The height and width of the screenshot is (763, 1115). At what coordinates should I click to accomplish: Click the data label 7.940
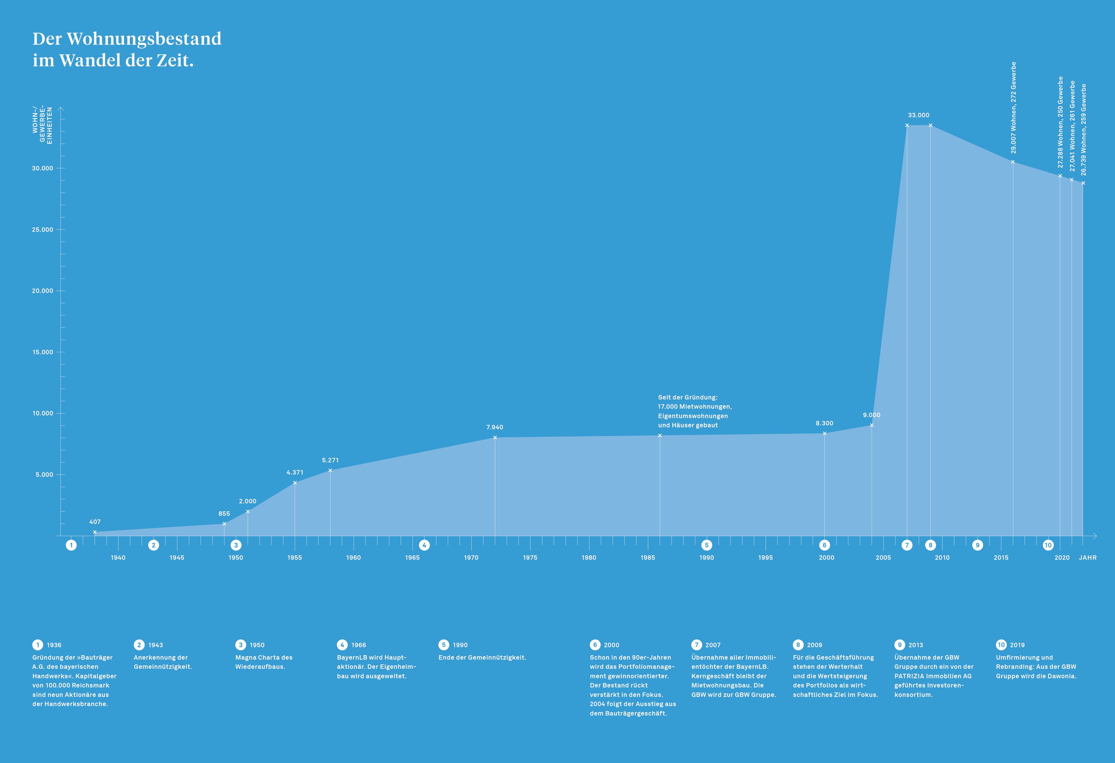click(494, 427)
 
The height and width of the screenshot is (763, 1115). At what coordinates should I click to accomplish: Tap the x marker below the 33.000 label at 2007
click(907, 125)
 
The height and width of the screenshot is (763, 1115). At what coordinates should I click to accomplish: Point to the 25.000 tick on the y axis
click(42, 229)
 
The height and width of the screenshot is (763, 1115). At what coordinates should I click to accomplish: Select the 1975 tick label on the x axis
click(530, 558)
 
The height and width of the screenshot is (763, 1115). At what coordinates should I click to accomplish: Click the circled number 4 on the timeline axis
click(424, 545)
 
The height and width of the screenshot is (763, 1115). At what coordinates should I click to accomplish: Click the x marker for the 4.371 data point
click(295, 483)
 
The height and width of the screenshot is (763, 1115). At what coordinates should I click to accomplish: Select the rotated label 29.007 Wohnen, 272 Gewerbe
click(1013, 107)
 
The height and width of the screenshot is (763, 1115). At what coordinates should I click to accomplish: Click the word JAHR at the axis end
click(1087, 558)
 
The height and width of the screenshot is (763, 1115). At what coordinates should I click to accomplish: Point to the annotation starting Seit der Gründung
click(694, 411)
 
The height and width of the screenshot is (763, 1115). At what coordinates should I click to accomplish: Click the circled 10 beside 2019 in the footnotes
click(1001, 645)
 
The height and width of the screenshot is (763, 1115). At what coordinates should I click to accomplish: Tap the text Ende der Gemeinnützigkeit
click(482, 657)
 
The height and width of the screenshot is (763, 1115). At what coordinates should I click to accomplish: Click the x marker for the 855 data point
click(224, 524)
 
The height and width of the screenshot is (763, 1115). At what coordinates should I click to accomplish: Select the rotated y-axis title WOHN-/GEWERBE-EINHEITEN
click(42, 126)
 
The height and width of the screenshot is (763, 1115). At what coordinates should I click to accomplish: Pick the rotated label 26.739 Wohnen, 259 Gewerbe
click(1083, 129)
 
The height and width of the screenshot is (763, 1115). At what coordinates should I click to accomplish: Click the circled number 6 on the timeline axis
click(824, 545)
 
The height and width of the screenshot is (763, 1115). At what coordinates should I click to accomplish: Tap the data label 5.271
click(330, 460)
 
